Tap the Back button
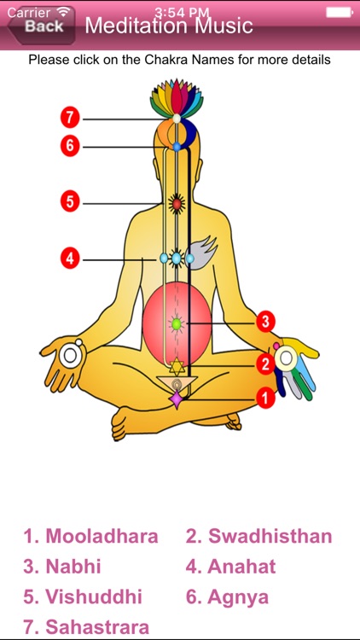coord(41,26)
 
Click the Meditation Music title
coord(169,26)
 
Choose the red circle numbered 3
coord(265,322)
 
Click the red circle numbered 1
coord(265,397)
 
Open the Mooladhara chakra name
coord(90,536)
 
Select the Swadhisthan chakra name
coord(258,536)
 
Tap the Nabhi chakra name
coord(62,567)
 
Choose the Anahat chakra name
coord(230,567)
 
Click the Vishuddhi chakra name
coord(83,597)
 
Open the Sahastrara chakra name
coord(86,627)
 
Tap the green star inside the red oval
coord(177,324)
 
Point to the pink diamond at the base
coord(177,398)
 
